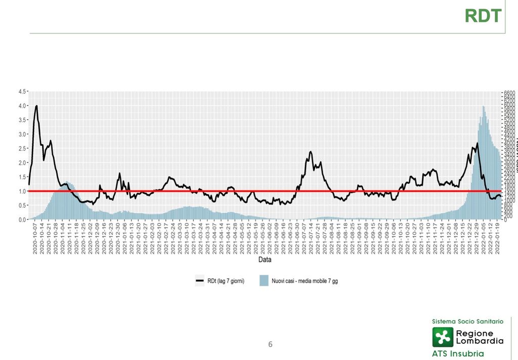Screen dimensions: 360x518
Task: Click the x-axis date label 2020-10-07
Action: point(35,241)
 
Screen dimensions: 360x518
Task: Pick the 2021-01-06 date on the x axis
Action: point(124,241)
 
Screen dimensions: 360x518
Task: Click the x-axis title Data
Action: point(265,260)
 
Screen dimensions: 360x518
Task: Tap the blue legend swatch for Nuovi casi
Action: point(264,281)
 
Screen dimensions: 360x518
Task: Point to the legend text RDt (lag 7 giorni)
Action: point(226,281)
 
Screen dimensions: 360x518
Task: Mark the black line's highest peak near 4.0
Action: point(36,106)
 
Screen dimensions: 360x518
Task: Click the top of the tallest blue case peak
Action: point(484,107)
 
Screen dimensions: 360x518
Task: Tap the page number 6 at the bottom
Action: point(270,344)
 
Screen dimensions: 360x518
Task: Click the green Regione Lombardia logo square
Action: point(443,337)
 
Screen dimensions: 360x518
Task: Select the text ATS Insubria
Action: point(458,353)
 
